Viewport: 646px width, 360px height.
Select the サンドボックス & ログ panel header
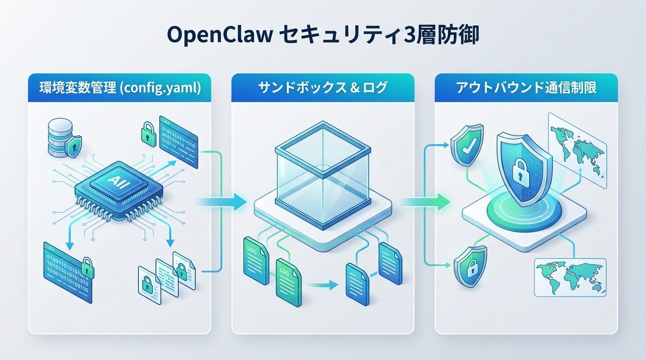pos(322,88)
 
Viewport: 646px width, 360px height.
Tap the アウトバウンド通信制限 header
pos(526,88)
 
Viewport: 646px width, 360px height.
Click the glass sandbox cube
pos(322,171)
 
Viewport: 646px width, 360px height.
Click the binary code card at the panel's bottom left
pos(66,265)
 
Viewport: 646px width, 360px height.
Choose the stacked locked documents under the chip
pos(165,273)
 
